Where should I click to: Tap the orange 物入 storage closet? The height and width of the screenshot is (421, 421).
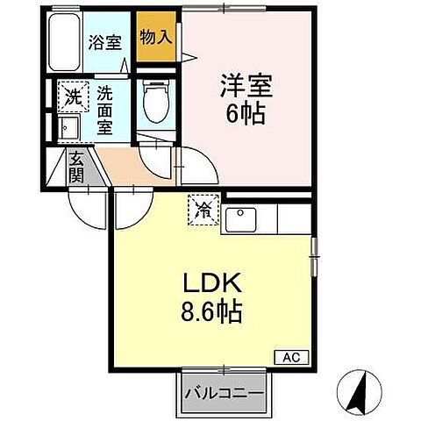point(155,37)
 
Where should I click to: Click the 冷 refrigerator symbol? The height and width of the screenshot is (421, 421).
point(203,210)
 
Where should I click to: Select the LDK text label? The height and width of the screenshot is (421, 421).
point(212,284)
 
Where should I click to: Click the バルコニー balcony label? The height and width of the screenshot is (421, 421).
point(223,393)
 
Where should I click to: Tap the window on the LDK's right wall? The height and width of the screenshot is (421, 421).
point(313,256)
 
